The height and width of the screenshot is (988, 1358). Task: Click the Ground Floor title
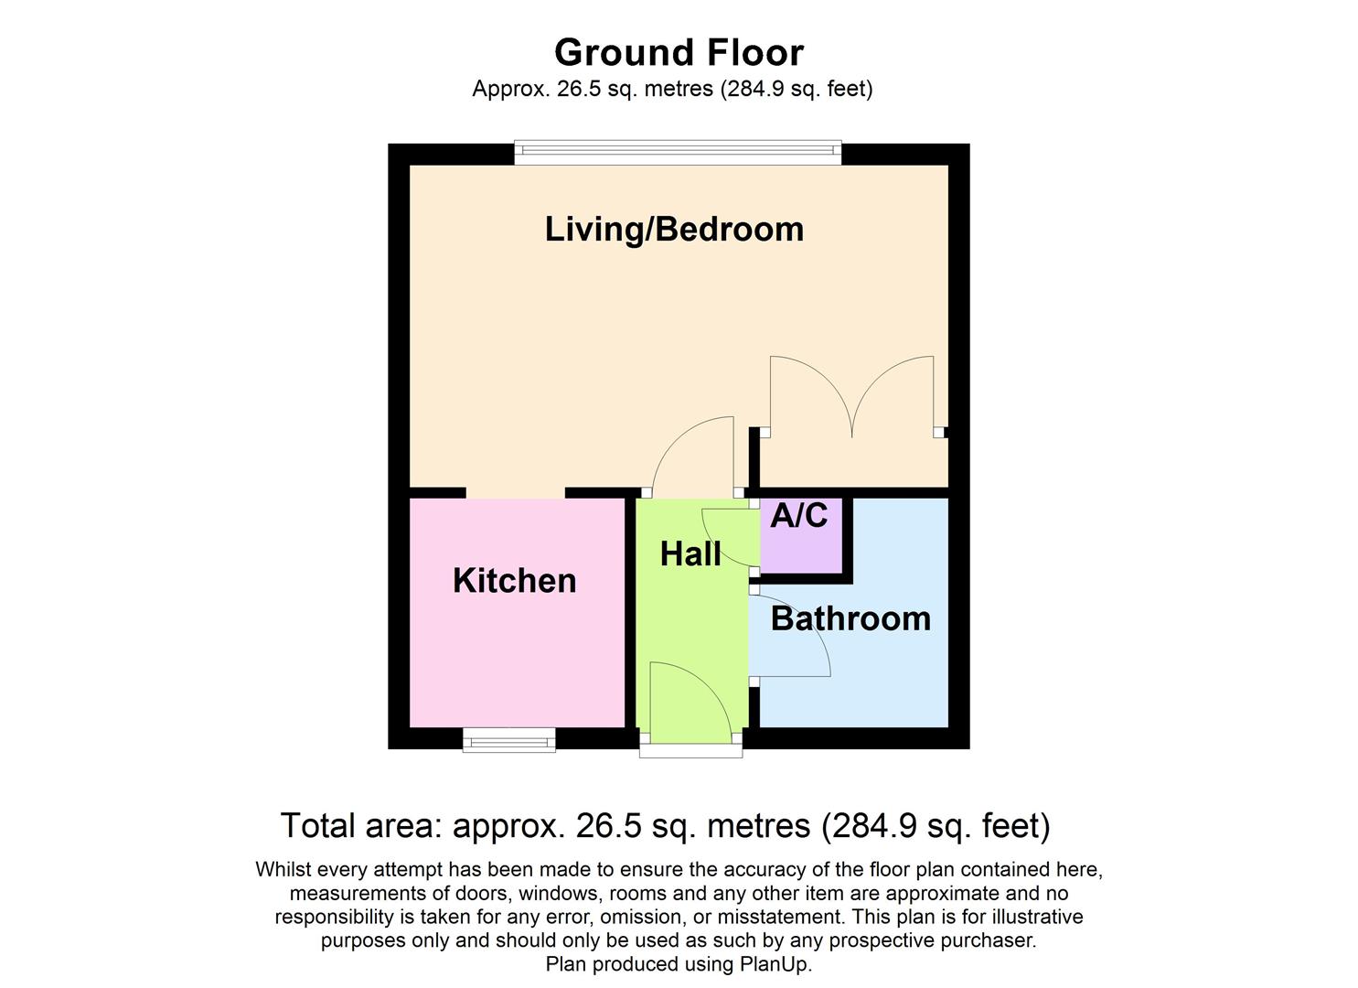point(679,52)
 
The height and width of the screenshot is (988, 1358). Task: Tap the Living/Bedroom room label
point(674,229)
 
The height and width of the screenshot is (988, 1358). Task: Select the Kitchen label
point(514,581)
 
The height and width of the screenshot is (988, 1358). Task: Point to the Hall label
point(690,553)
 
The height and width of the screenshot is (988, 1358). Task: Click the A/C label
point(798,516)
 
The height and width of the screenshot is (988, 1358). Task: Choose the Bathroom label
point(850,618)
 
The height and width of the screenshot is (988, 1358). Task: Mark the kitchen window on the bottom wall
point(509,739)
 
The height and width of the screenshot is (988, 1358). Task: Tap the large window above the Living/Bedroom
point(678,153)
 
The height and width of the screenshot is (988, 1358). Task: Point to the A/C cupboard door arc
point(727,540)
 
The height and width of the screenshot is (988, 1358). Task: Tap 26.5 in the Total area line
point(604,826)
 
